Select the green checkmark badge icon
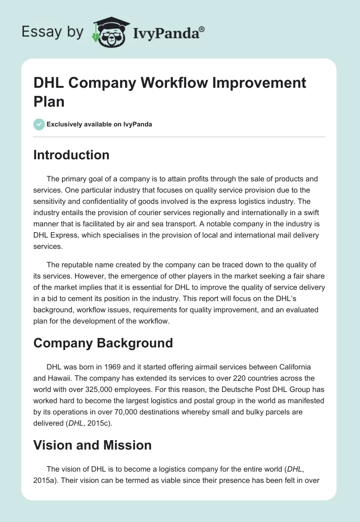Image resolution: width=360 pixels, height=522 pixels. [39, 124]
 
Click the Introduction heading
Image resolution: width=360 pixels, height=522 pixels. [72, 155]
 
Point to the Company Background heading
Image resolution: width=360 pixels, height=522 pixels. [103, 342]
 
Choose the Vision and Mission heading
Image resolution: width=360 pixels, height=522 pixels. [92, 445]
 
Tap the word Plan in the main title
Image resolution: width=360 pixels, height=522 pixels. [49, 102]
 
